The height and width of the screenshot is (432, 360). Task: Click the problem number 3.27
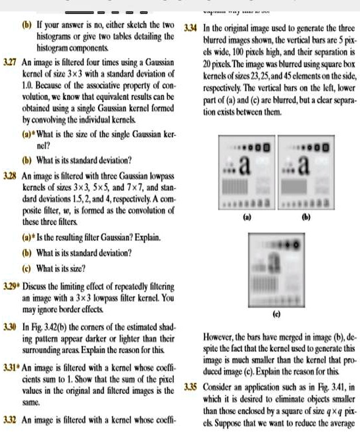[x=11, y=61]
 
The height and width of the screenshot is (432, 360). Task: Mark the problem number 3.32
[x=11, y=419]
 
